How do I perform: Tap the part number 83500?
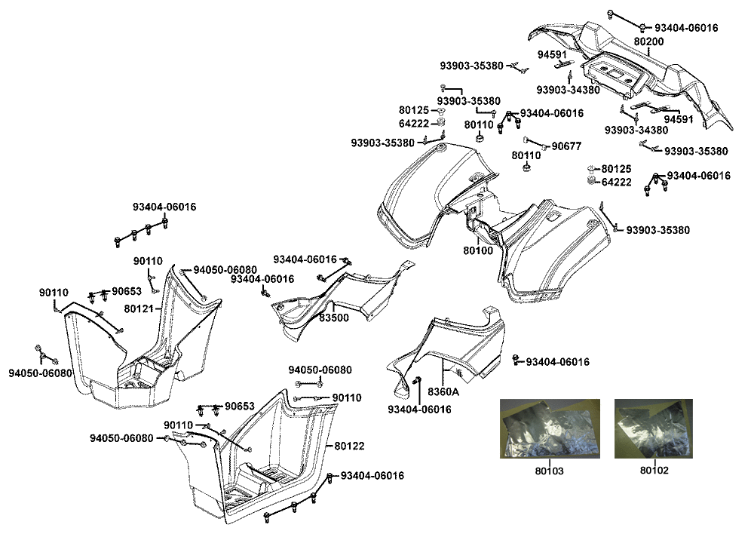333,318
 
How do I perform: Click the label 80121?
138,308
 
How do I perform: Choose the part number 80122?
349,446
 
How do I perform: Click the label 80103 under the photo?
549,470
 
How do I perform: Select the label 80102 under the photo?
654,470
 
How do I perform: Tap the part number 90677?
566,146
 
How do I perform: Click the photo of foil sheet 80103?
550,428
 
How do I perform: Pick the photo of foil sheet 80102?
652,428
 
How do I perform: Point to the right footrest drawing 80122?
264,460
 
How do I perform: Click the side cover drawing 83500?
339,298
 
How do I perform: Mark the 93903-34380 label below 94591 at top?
568,90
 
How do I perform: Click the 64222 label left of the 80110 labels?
414,124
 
